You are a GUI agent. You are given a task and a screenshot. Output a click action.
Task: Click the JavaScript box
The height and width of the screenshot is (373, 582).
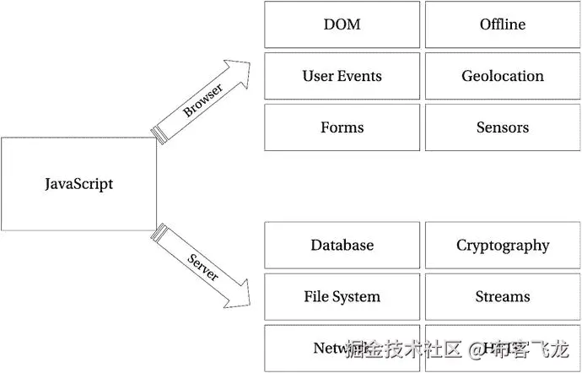coord(78,184)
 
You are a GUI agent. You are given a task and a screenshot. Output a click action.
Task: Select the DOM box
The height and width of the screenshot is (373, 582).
coord(342,24)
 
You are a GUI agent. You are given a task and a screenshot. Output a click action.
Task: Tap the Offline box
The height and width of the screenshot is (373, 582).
coord(503,24)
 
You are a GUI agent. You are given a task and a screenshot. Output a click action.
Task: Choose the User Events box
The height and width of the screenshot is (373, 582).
coord(342,76)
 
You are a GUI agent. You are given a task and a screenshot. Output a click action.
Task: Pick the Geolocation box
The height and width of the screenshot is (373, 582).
coord(503,76)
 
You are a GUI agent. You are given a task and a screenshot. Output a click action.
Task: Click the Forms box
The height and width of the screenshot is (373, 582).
coord(342,127)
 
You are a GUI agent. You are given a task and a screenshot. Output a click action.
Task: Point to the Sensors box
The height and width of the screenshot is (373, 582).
coord(503,127)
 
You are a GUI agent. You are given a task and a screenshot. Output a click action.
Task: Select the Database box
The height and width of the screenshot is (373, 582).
coord(342,245)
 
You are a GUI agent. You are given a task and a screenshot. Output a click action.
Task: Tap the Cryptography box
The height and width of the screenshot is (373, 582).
coord(503,245)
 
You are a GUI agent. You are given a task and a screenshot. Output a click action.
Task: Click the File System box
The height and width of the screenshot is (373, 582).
coord(342,296)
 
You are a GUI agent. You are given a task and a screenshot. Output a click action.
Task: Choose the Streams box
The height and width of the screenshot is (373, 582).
coord(503,296)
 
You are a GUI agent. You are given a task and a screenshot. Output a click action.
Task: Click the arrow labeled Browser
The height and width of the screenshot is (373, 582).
coord(202,100)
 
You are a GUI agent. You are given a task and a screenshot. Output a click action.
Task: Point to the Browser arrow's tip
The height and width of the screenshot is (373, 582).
coord(250,62)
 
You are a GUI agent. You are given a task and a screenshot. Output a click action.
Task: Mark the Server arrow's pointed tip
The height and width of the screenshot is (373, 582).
coord(250,303)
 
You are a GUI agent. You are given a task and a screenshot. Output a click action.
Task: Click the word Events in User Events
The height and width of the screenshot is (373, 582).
coord(360,76)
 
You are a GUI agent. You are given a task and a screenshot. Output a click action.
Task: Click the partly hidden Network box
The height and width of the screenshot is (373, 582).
coord(321,348)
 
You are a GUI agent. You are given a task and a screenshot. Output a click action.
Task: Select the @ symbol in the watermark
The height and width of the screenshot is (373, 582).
coord(476,348)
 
